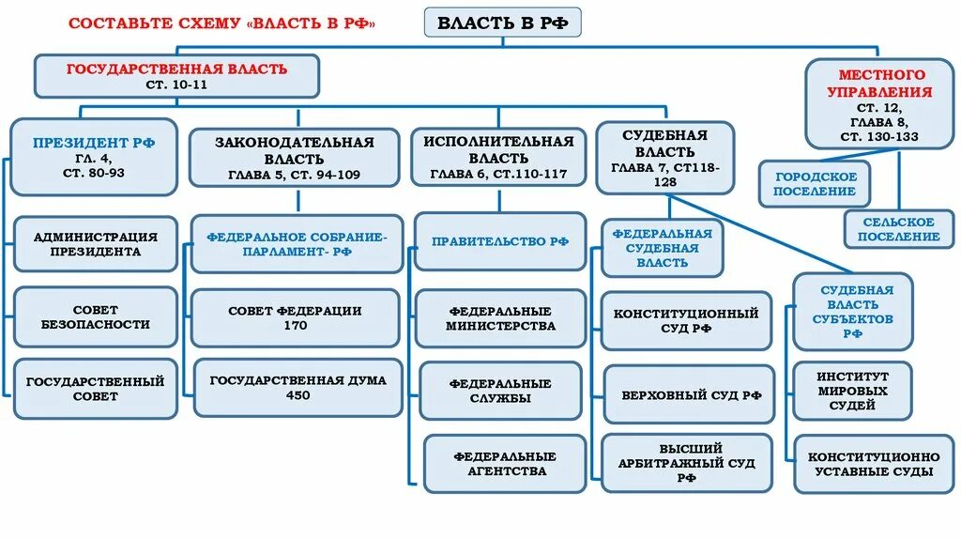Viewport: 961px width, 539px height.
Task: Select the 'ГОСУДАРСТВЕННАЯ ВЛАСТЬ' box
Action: (176, 76)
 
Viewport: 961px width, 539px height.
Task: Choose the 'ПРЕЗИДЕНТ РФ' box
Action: (94, 156)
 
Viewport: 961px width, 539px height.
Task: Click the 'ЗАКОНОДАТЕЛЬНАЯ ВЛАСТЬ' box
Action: (294, 157)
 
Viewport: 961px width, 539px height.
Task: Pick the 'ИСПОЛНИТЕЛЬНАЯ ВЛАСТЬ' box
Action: (497, 157)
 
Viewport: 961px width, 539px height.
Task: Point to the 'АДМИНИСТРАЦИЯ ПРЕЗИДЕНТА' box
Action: (94, 243)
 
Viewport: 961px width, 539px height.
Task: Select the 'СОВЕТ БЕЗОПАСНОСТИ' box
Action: (94, 316)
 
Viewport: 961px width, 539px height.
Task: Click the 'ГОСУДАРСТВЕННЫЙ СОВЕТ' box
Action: (94, 389)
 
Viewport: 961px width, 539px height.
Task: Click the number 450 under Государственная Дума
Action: (297, 395)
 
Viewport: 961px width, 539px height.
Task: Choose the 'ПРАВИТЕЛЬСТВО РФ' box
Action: (500, 241)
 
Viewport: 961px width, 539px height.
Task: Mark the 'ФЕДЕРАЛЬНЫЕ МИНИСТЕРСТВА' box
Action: (500, 318)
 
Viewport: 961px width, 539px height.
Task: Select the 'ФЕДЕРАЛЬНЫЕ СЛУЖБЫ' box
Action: (500, 391)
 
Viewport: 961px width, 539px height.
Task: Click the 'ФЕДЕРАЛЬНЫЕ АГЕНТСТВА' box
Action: (505, 463)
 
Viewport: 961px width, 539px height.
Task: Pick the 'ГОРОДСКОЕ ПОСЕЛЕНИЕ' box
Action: (815, 184)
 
